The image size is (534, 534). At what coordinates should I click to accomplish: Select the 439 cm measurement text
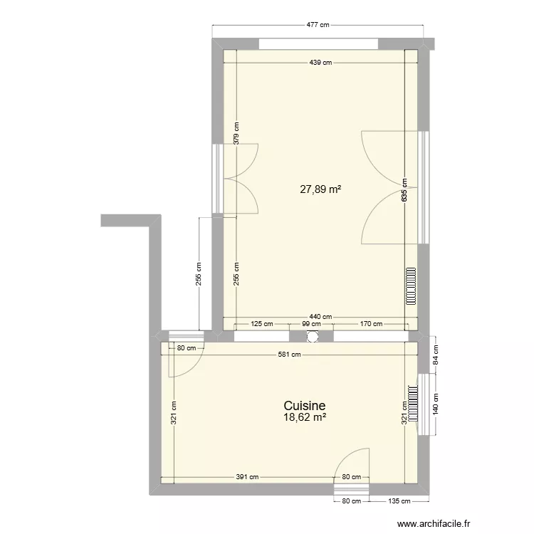(320, 63)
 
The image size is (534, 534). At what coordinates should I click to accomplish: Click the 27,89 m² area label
(320, 189)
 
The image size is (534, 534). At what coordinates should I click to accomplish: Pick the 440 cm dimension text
(321, 317)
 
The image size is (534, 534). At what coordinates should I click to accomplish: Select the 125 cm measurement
(261, 324)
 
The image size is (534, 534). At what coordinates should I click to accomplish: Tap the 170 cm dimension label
(368, 324)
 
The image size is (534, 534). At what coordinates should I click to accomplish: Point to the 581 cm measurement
(290, 354)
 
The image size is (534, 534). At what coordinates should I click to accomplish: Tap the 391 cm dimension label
(248, 477)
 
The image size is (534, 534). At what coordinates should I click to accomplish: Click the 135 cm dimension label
(399, 501)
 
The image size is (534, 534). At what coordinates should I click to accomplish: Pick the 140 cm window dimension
(436, 404)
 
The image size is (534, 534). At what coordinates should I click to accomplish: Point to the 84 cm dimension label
(436, 355)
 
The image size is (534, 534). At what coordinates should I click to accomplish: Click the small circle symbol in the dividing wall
(312, 337)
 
